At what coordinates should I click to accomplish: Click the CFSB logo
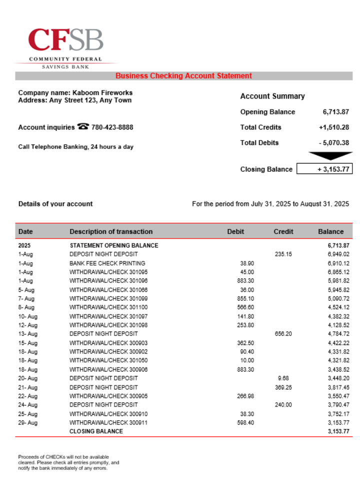[66, 47]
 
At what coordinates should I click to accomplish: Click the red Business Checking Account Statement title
[183, 76]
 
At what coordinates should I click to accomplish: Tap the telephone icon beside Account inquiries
[83, 127]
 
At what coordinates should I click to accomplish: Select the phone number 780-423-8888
[112, 127]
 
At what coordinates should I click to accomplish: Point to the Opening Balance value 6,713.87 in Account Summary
[336, 112]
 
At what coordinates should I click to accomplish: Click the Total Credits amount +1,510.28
[333, 127]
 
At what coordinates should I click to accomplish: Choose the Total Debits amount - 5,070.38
[334, 143]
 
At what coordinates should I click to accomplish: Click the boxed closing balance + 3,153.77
[324, 169]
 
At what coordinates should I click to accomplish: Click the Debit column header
[235, 231]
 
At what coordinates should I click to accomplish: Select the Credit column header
[283, 231]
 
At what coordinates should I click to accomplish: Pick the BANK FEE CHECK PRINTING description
[107, 263]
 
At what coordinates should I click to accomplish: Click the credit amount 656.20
[283, 333]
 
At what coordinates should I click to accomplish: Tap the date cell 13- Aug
[28, 333]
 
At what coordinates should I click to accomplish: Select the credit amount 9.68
[283, 378]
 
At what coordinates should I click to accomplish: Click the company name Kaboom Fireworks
[102, 92]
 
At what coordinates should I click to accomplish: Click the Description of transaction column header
[111, 231]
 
